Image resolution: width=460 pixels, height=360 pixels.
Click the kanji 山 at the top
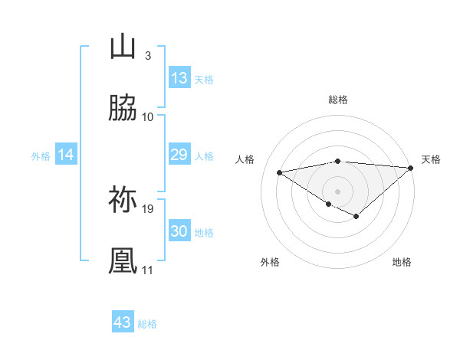point(123,47)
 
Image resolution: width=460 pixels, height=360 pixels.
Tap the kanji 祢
point(123,200)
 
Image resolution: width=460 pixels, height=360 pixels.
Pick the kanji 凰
point(123,261)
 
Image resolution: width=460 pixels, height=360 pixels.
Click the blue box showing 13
point(179,78)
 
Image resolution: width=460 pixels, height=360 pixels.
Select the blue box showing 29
point(179,155)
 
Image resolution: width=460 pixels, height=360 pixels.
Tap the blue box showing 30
point(179,231)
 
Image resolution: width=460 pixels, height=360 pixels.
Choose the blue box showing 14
point(66,155)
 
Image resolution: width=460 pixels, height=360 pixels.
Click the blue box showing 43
point(123,322)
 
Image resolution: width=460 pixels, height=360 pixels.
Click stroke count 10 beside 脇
point(148,116)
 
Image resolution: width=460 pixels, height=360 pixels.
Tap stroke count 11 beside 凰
point(148,270)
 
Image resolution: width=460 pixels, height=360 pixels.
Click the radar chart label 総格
point(338,100)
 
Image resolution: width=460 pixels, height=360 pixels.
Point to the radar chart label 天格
point(431,159)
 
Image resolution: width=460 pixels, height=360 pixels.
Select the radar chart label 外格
point(270,262)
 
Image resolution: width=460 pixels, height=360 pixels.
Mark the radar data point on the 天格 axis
point(411,167)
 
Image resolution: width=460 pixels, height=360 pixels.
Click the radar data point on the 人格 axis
point(280,172)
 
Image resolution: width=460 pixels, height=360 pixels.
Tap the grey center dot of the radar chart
point(337,191)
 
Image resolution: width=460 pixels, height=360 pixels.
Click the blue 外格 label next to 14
point(41,155)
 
